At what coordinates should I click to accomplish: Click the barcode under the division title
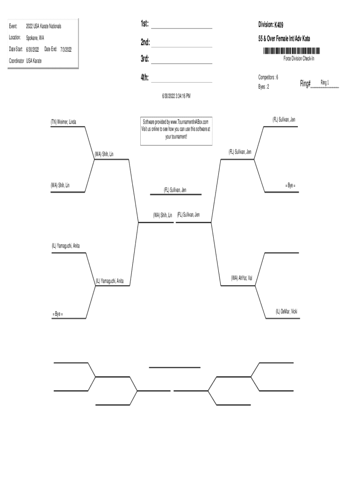(x=291, y=51)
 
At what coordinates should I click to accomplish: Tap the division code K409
(x=279, y=24)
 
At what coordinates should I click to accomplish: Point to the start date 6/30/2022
(x=32, y=49)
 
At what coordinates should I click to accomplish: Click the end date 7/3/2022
(x=66, y=49)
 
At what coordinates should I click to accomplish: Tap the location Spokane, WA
(x=35, y=37)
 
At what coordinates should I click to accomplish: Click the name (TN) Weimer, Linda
(x=64, y=122)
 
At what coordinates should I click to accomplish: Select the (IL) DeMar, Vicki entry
(x=286, y=311)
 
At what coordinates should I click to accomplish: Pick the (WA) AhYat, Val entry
(x=242, y=278)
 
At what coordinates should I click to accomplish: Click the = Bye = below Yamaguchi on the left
(x=58, y=314)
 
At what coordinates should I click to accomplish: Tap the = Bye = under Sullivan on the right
(x=290, y=186)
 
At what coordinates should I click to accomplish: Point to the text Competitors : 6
(x=268, y=77)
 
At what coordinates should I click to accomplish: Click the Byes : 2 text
(x=264, y=87)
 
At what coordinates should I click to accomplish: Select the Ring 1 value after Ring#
(x=324, y=83)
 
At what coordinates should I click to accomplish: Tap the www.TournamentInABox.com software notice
(x=176, y=128)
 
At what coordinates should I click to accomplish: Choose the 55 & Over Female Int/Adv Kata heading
(x=284, y=38)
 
